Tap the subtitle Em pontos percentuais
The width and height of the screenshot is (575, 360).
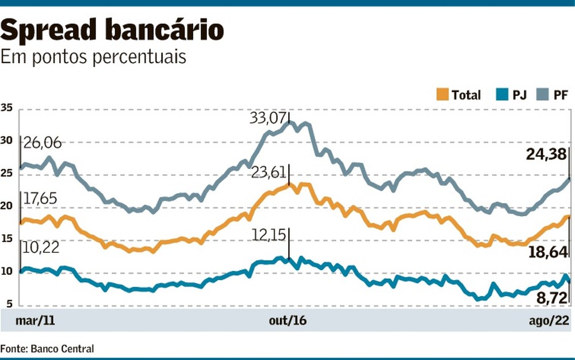(x=93, y=58)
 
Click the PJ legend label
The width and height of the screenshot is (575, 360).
(x=519, y=95)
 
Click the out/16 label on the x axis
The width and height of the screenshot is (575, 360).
(x=288, y=320)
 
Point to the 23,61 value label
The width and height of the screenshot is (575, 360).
(x=267, y=171)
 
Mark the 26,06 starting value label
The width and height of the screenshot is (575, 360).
(x=41, y=142)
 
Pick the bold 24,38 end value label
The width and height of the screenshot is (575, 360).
(x=545, y=154)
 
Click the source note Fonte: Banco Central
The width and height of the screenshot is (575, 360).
(x=47, y=348)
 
